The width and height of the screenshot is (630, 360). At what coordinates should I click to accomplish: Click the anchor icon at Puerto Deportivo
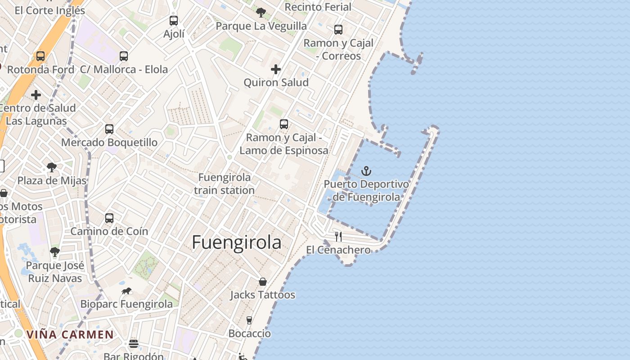coord(366,171)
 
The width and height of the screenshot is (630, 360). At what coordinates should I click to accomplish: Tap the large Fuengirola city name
coord(237,243)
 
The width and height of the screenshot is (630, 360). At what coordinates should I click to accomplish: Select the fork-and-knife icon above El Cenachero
coord(338,236)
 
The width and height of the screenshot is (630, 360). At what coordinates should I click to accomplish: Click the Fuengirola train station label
coord(225,184)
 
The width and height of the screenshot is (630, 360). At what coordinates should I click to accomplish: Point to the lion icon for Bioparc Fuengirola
coord(126,291)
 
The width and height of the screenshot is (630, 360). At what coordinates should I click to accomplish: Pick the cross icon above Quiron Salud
coord(276,69)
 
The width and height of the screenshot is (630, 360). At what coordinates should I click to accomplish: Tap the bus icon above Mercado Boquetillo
coord(109,129)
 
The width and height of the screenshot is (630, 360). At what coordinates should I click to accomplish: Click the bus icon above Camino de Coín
coord(109,218)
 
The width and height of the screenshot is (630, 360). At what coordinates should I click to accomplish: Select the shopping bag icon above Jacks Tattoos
coord(263,282)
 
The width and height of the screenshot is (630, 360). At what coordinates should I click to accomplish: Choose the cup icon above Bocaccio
coord(249,320)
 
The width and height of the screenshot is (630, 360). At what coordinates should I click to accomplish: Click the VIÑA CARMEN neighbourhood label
coord(70,334)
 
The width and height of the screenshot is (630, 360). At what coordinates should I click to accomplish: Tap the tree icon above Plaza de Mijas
coord(52,167)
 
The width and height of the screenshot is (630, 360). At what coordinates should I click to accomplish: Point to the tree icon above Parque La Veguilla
coord(261,13)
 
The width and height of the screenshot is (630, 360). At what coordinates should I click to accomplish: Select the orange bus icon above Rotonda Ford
coord(40,56)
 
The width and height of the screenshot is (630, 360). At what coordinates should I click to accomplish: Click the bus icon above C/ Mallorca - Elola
coord(124,56)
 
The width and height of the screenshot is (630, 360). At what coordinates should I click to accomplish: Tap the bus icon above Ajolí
coord(174,21)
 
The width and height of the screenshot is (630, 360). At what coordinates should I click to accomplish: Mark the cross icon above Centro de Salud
coord(36,95)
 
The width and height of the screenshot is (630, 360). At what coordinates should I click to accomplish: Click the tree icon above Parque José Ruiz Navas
coord(55,252)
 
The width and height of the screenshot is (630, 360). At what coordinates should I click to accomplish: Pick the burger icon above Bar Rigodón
coord(134,344)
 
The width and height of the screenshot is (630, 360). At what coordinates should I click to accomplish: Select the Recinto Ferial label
coord(318,7)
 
